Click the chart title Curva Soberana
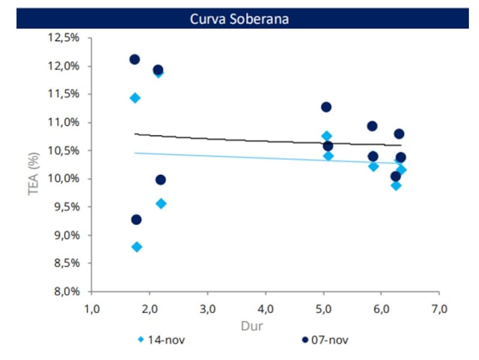239,19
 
